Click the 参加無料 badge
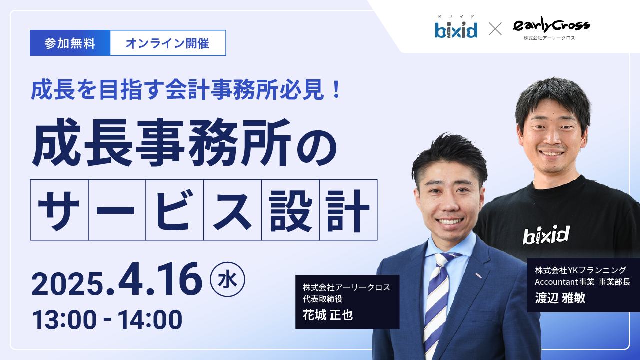(x=70, y=43)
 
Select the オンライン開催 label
(x=167, y=43)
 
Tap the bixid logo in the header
(x=456, y=29)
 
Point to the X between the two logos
(x=495, y=29)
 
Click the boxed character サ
(x=59, y=210)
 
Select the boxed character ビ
(x=175, y=210)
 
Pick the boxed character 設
(x=290, y=210)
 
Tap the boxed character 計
(x=348, y=210)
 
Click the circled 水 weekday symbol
(x=228, y=280)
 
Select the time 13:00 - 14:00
(x=107, y=320)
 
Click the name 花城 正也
(x=327, y=315)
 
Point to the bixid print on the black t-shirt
(x=546, y=234)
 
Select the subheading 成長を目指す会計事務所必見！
(x=186, y=89)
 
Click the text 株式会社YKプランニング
(x=580, y=270)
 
